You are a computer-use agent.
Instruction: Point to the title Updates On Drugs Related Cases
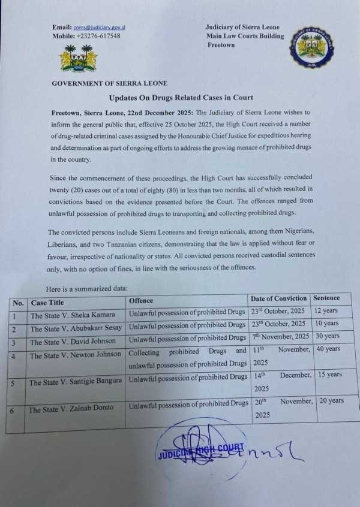click(x=181, y=98)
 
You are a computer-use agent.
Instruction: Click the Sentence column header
click(x=326, y=298)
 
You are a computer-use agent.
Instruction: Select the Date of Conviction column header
click(x=279, y=298)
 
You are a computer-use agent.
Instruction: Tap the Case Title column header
click(x=47, y=302)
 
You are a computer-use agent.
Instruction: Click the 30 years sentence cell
click(x=327, y=336)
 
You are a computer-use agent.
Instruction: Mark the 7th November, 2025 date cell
click(x=279, y=337)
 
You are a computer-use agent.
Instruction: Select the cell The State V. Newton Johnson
click(x=76, y=354)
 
